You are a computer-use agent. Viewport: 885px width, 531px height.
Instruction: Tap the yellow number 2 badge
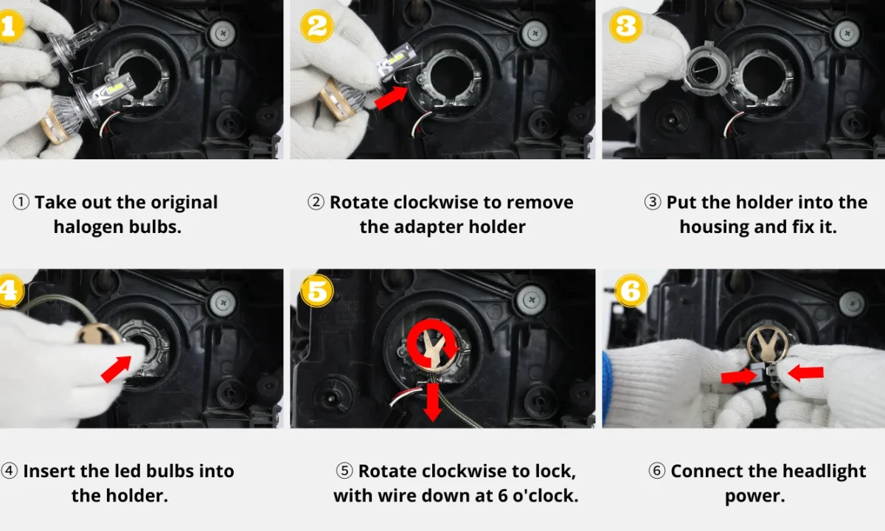click(x=317, y=26)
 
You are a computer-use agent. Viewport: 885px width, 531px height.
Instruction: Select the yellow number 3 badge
click(x=625, y=26)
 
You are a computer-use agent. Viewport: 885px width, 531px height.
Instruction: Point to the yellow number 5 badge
click(x=316, y=291)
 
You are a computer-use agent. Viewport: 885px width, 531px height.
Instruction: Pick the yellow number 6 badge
click(x=631, y=291)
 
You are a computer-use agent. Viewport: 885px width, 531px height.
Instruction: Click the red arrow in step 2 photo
click(x=391, y=97)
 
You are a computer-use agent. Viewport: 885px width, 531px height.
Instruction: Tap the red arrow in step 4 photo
click(x=117, y=369)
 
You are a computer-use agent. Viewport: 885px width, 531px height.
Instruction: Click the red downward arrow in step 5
click(x=433, y=403)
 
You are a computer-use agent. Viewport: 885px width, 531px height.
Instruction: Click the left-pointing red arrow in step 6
click(x=805, y=372)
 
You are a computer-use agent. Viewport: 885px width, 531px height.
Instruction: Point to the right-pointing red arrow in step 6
click(x=738, y=376)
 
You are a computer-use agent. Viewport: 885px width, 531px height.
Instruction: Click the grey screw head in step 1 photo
click(x=223, y=33)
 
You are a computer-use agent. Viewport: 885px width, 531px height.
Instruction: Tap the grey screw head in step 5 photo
click(x=532, y=299)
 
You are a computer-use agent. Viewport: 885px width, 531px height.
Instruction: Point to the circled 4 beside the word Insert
click(x=9, y=471)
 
